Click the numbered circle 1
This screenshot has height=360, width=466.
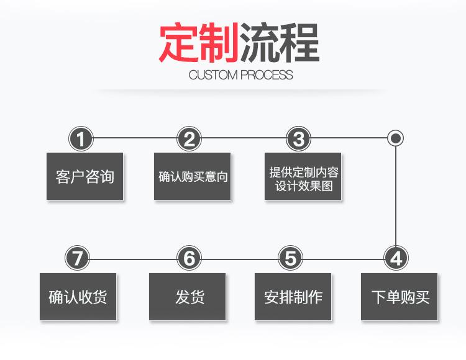[81, 138]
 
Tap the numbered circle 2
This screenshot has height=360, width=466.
[190, 138]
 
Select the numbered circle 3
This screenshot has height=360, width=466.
[299, 138]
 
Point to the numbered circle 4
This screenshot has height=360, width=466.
[396, 258]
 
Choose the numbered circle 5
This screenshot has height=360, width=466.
[291, 258]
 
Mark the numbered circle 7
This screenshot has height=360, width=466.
[78, 258]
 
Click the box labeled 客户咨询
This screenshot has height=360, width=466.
[85, 176]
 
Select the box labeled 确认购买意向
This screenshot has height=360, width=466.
[193, 176]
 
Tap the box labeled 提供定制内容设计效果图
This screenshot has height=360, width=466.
[303, 176]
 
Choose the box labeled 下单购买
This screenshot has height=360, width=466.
[400, 297]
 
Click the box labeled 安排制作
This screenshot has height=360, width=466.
[293, 297]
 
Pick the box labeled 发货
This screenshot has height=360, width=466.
[188, 297]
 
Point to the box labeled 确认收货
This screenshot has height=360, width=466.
[78, 297]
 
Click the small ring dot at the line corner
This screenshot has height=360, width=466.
[396, 138]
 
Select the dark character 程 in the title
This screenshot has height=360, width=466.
[298, 43]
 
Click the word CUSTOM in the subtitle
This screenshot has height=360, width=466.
[213, 75]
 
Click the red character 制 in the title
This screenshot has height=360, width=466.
[219, 43]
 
